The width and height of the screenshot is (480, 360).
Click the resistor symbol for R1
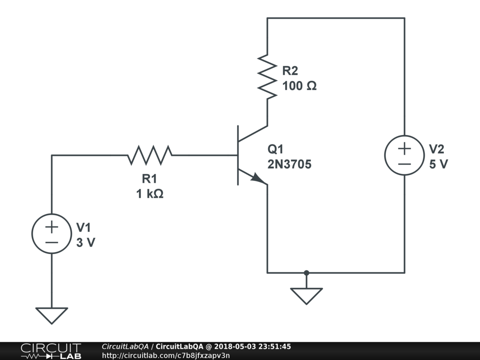click(x=150, y=155)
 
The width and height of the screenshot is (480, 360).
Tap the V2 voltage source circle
click(x=405, y=156)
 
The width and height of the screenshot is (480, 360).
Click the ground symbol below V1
click(x=52, y=315)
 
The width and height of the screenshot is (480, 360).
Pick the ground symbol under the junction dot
click(x=306, y=295)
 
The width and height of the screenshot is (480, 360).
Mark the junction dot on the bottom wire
click(x=306, y=272)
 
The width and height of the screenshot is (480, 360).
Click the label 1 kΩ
click(x=150, y=193)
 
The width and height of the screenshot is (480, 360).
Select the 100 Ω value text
click(x=299, y=86)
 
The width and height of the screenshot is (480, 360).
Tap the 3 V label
click(x=85, y=243)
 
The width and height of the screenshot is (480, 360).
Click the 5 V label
click(x=438, y=165)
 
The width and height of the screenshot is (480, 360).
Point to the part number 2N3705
click(x=289, y=165)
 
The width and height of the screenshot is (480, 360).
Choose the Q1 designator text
click(x=276, y=150)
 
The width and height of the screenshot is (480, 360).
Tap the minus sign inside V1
click(x=52, y=242)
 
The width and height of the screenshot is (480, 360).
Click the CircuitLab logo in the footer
click(x=50, y=351)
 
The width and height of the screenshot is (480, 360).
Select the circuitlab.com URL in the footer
click(x=166, y=355)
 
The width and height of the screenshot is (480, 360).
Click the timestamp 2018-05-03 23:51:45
click(x=252, y=347)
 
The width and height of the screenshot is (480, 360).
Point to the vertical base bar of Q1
click(x=238, y=155)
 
